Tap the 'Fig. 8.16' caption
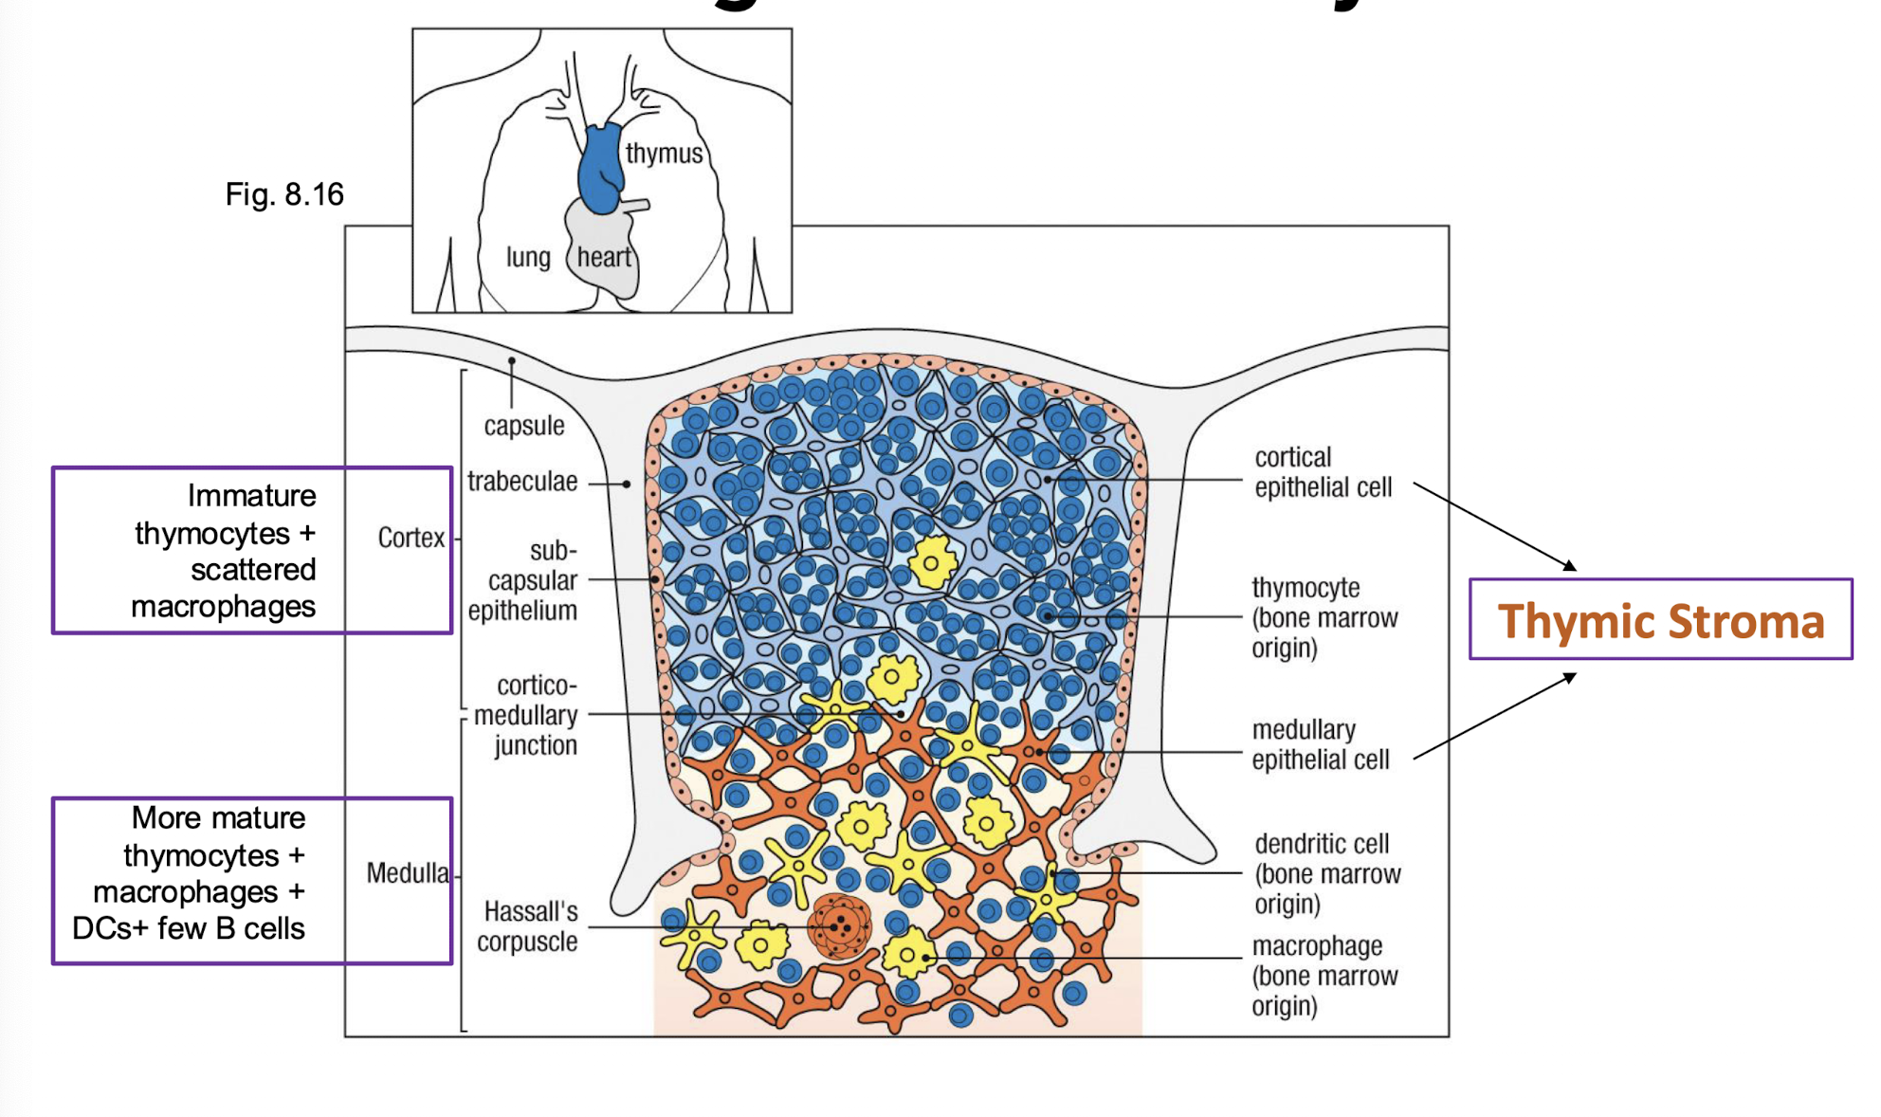tap(284, 194)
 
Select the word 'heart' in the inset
tap(604, 257)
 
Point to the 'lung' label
tap(528, 257)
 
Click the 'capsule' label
tap(524, 426)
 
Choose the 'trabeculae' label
tap(522, 482)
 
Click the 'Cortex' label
tap(411, 538)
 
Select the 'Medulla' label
tap(408, 872)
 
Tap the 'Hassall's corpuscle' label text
tap(527, 926)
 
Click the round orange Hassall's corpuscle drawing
tap(839, 925)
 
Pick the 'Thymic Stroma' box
tap(1660, 620)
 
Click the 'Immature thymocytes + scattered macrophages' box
tap(251, 550)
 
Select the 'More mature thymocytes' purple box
tap(251, 881)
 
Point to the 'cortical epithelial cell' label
tap(1323, 472)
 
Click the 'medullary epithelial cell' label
tap(1320, 744)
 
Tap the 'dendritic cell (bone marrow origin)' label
tap(1326, 873)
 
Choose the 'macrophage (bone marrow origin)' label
tap(1324, 976)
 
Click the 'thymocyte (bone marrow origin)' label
tap(1324, 617)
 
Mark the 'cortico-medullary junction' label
tap(527, 715)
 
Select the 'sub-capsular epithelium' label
tap(523, 580)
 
